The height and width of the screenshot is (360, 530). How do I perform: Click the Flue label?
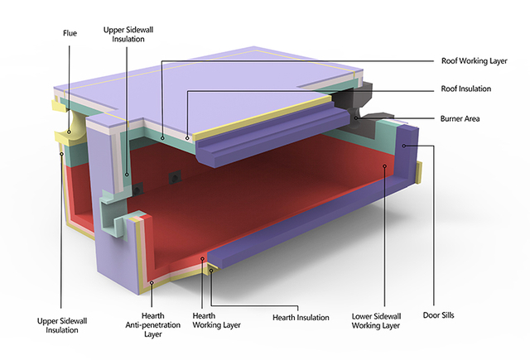70,34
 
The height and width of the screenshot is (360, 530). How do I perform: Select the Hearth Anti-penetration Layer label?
152,326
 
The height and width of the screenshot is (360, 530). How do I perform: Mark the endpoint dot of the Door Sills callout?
402,145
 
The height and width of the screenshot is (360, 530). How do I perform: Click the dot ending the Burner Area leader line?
357,118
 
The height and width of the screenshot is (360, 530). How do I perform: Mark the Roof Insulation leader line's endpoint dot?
188,137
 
